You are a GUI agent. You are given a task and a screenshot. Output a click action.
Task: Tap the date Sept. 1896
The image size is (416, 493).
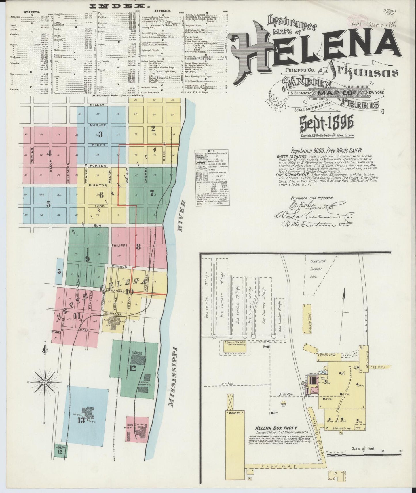coord(327,124)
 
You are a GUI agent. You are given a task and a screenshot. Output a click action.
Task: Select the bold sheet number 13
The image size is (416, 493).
coord(81,420)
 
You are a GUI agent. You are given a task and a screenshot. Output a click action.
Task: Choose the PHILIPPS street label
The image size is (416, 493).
coord(119,245)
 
